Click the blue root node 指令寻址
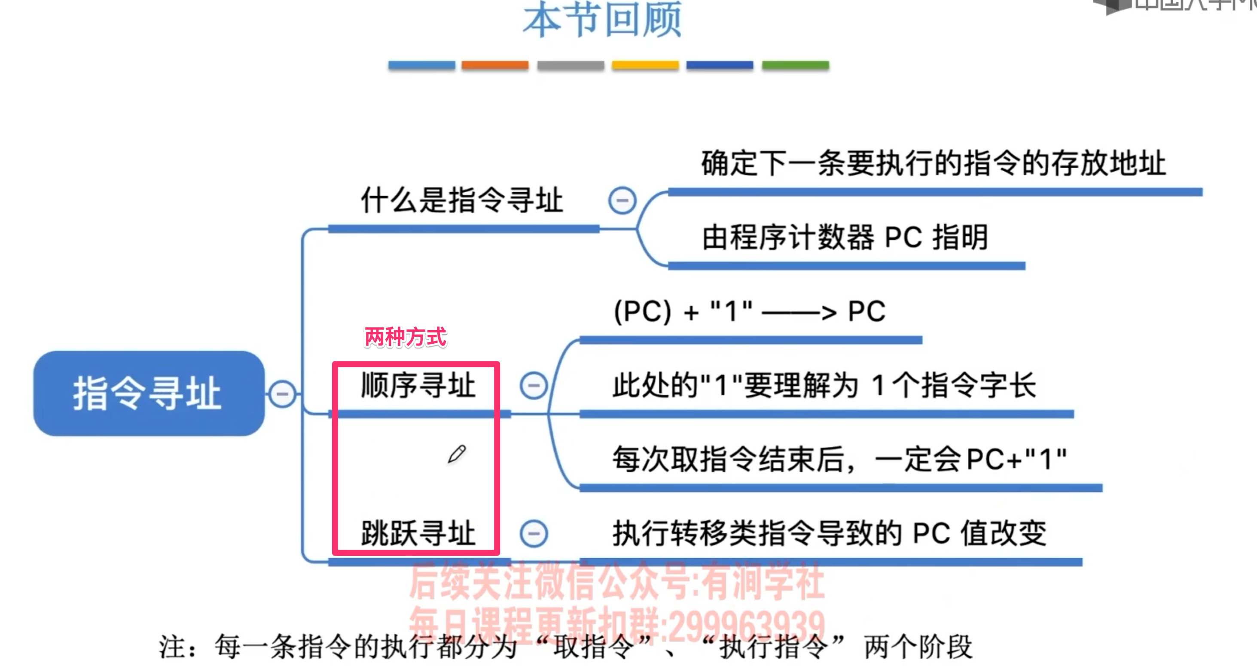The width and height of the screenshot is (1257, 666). tap(148, 393)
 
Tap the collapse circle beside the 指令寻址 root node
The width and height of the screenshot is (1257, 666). tap(282, 393)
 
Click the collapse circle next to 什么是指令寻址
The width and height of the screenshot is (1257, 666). tap(622, 200)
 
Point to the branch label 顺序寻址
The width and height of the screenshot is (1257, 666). tap(418, 385)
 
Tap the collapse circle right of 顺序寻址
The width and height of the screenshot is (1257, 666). tap(534, 386)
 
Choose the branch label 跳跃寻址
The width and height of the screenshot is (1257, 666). tap(418, 533)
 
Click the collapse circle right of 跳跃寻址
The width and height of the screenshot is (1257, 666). tap(534, 533)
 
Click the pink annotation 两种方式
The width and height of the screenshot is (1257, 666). tap(405, 337)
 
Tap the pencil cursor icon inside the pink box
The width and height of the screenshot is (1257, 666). tap(457, 454)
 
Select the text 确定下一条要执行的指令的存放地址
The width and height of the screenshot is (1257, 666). tap(933, 163)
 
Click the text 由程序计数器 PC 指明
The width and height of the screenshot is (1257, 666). tap(845, 237)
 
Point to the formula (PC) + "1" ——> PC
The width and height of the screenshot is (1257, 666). tap(749, 311)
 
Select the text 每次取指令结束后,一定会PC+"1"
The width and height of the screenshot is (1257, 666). tap(839, 459)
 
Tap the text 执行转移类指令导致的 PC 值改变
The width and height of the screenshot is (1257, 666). tap(829, 533)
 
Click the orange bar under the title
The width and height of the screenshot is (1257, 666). tap(495, 65)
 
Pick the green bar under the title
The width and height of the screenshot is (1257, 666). tap(795, 65)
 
